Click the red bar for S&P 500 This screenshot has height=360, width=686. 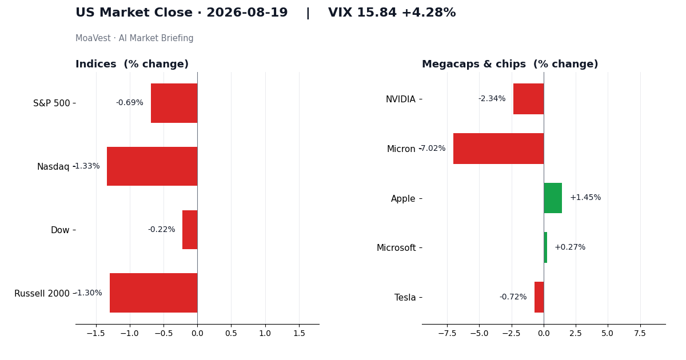(174, 103)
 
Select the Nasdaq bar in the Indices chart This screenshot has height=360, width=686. (152, 166)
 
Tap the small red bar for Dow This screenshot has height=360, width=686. (190, 230)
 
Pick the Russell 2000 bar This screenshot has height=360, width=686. (154, 293)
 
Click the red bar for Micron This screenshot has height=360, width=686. (498, 149)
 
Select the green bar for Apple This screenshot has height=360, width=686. (553, 198)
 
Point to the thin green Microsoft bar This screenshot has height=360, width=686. (545, 247)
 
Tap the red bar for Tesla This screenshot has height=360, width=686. (539, 297)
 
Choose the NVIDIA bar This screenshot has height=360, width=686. (529, 99)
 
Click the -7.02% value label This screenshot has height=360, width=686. (433, 149)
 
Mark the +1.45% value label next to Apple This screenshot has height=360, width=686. (585, 198)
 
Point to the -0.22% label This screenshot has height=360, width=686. (162, 229)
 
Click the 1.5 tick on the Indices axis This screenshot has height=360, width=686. (299, 333)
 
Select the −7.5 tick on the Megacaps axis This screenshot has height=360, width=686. (447, 333)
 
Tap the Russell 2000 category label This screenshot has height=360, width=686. (42, 294)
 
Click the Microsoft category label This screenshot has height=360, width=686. (396, 247)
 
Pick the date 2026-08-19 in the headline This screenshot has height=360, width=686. (247, 13)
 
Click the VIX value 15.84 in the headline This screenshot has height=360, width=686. (377, 13)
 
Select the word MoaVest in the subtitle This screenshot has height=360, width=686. (93, 38)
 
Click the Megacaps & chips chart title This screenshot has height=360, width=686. (510, 64)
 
